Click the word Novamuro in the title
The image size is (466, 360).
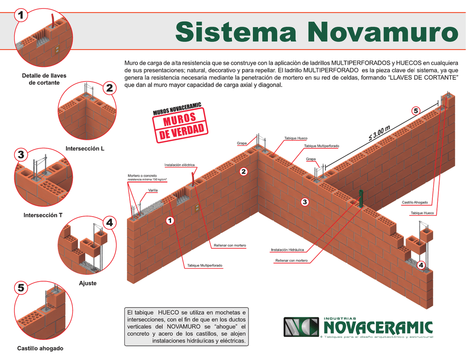[x=383, y=32]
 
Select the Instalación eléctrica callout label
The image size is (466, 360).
[x=179, y=165]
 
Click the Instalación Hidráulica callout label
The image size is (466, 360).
[x=288, y=250]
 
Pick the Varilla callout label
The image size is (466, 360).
[x=153, y=190]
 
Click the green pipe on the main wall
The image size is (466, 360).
[x=361, y=198]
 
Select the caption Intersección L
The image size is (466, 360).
[x=85, y=149]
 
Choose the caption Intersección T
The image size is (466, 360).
[x=43, y=215]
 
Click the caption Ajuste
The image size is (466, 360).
[x=88, y=283]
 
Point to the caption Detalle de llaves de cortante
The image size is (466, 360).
[x=44, y=79]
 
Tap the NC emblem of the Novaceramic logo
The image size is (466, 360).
[x=301, y=327]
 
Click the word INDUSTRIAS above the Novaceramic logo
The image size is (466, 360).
[x=339, y=319]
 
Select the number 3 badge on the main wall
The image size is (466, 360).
[x=304, y=202]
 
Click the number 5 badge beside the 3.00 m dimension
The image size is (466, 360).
[x=416, y=111]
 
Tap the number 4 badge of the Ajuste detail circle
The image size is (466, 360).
[x=110, y=223]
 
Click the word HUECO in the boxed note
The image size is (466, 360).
[x=168, y=312]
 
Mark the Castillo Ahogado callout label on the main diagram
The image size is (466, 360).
[x=415, y=203]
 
